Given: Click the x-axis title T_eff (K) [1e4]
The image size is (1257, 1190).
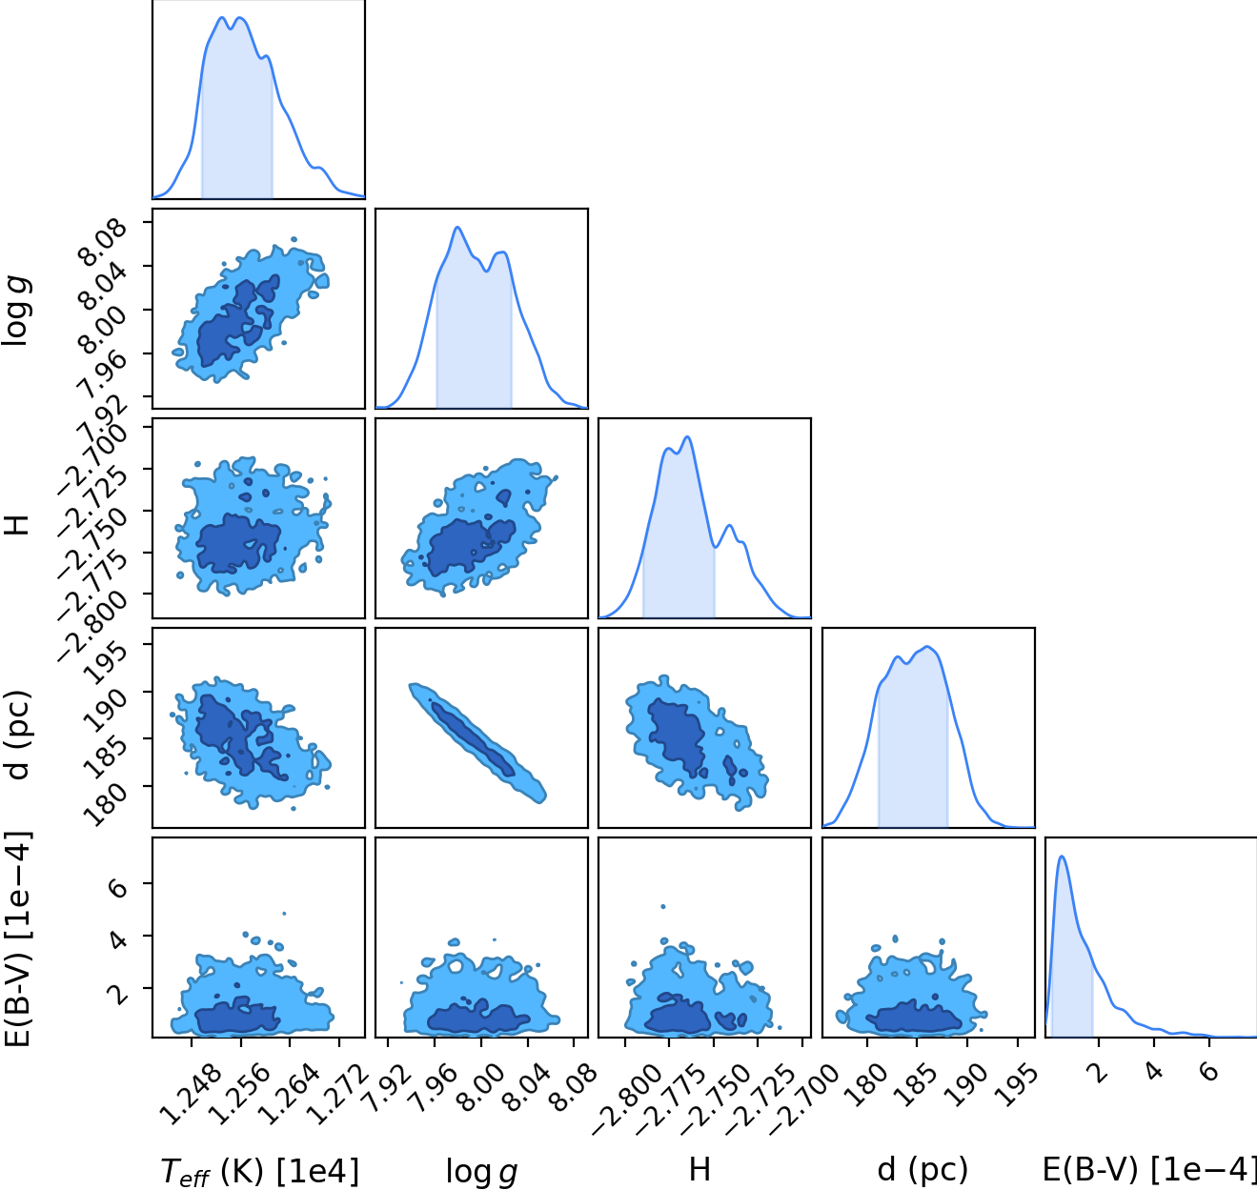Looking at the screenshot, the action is pyautogui.click(x=259, y=1172).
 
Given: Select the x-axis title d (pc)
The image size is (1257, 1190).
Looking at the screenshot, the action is pyautogui.click(x=922, y=1170).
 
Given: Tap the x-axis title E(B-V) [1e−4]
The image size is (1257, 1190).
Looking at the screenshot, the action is pyautogui.click(x=1149, y=1170).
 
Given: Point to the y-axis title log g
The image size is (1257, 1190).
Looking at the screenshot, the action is pyautogui.click(x=15, y=312).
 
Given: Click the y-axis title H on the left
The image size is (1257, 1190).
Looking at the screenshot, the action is pyautogui.click(x=16, y=525).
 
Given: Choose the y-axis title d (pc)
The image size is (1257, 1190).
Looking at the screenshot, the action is pyautogui.click(x=16, y=735).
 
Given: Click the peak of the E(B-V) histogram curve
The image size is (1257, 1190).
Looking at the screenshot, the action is pyautogui.click(x=1062, y=856).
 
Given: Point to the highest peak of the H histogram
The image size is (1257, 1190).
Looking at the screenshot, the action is pyautogui.click(x=688, y=436).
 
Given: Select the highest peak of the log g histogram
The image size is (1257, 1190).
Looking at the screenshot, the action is pyautogui.click(x=457, y=227).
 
